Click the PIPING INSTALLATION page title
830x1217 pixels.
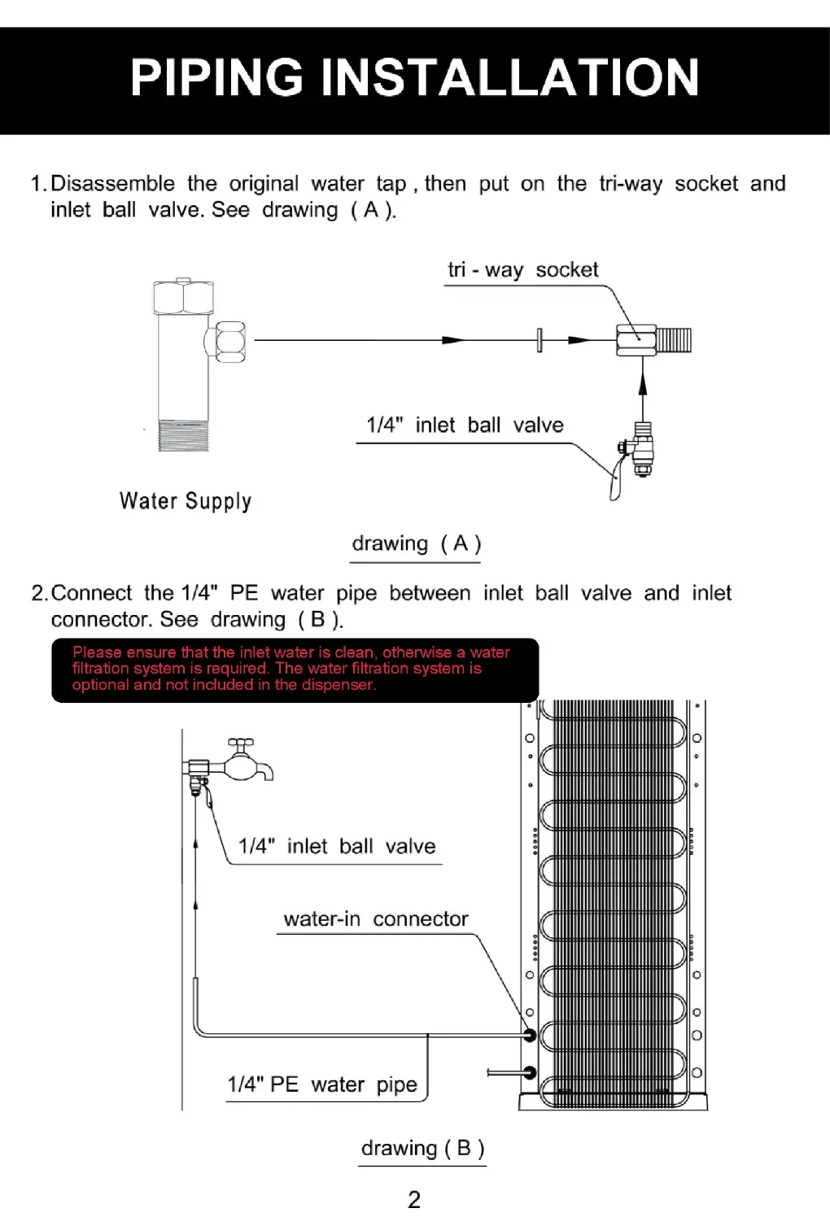point(414,78)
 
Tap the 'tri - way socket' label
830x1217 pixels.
point(522,270)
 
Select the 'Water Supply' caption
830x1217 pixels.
point(186,501)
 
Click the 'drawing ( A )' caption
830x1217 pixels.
point(416,543)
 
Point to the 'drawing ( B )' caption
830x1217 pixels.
point(422,1148)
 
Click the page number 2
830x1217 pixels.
point(414,1199)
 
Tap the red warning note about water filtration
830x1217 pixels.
point(295,669)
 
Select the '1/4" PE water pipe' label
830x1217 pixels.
point(322,1084)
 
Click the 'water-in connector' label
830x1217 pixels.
point(375,919)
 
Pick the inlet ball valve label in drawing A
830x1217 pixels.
point(465,425)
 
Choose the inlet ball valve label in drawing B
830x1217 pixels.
point(336,847)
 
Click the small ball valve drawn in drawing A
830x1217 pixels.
point(637,452)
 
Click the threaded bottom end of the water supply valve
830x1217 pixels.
point(184,435)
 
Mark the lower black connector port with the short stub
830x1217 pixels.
point(530,1073)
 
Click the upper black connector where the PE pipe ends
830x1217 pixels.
point(530,1035)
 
